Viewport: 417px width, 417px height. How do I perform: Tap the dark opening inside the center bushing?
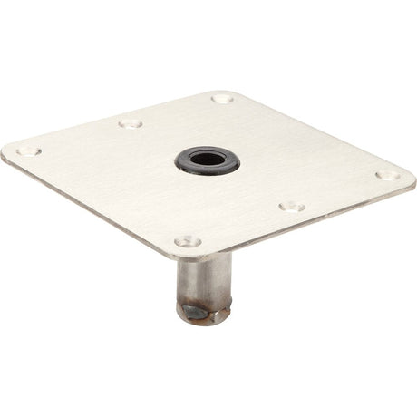[x=208, y=159]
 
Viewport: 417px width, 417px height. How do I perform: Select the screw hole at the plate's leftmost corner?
[x=27, y=150]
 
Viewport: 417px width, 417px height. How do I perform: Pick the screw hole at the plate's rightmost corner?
[x=387, y=176]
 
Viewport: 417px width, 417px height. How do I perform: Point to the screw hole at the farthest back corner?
[x=222, y=98]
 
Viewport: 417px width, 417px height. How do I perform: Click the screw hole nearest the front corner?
[x=188, y=241]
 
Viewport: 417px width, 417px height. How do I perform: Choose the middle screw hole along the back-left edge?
[x=130, y=122]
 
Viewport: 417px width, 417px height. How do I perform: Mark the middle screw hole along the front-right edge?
[x=291, y=207]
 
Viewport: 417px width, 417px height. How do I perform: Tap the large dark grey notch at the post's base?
[x=194, y=311]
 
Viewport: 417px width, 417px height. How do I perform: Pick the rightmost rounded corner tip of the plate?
[x=412, y=178]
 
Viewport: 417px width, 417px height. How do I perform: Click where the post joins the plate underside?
[x=203, y=257]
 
